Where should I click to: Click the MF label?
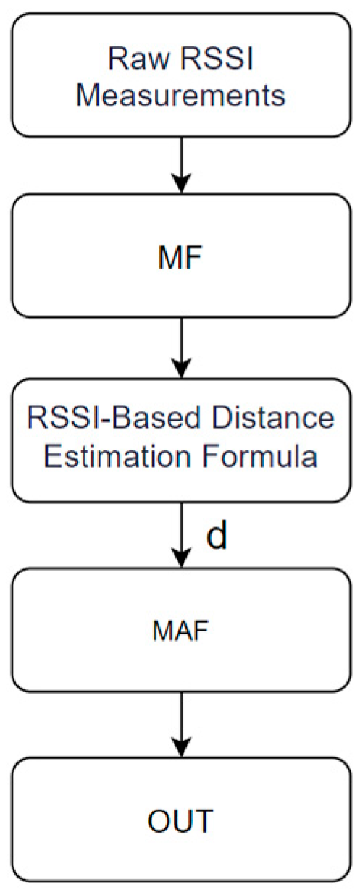(180, 256)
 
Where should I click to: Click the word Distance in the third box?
(263, 419)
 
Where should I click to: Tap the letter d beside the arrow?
(216, 537)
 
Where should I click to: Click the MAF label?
(180, 631)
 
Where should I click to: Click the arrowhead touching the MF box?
(180, 185)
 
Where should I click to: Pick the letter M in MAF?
(161, 631)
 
